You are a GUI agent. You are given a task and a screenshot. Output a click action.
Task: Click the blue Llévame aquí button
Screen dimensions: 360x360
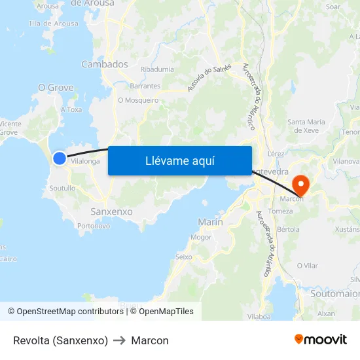click(179, 160)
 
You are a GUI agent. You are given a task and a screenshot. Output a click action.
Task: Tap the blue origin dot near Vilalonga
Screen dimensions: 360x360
click(60, 158)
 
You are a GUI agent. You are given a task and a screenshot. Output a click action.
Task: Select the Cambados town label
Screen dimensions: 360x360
click(105, 64)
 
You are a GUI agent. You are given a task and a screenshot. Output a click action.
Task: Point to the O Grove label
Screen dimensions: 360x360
click(56, 88)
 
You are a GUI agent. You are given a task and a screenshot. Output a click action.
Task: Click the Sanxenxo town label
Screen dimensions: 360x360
click(111, 212)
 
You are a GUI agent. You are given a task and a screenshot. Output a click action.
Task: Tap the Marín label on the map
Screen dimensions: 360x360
click(210, 223)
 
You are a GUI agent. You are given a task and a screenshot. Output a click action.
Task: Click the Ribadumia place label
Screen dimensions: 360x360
click(157, 69)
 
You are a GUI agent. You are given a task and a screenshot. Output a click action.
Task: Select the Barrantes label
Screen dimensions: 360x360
click(145, 86)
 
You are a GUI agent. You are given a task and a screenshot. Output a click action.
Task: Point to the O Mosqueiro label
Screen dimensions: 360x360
click(138, 101)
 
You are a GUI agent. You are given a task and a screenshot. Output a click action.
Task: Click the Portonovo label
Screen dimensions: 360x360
click(94, 226)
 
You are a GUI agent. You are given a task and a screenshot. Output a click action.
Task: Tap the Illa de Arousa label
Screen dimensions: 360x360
click(54, 24)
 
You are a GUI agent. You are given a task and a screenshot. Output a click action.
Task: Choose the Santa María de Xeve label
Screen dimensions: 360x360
click(306, 126)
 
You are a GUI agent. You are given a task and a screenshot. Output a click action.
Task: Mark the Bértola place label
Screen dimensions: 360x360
click(288, 230)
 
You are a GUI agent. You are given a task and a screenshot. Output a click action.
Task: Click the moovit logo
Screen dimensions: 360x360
click(321, 340)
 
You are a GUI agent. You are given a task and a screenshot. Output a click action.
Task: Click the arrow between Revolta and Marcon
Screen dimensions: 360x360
click(120, 340)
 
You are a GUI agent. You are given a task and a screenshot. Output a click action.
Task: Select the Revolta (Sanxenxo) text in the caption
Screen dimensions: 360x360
click(60, 340)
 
